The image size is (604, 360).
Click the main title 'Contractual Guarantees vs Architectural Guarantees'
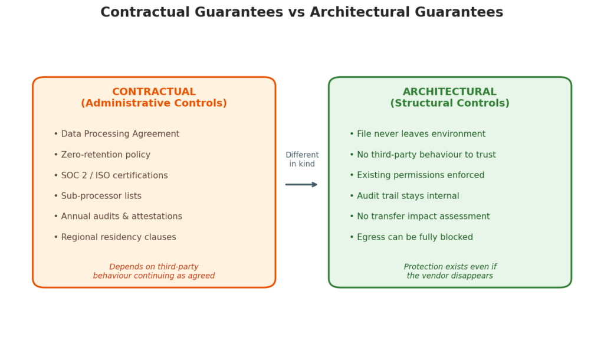[x=301, y=12]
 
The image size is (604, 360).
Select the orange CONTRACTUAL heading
[x=154, y=91]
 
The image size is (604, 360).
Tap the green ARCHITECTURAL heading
[x=449, y=91]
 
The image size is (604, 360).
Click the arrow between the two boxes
[x=301, y=185]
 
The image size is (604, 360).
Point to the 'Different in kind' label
[x=302, y=159]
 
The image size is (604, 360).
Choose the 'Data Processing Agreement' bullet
[x=116, y=134]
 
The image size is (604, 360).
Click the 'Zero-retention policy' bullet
[x=102, y=155]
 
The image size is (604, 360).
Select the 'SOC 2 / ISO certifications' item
[x=110, y=176]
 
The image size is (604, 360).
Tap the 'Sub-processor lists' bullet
[x=97, y=196]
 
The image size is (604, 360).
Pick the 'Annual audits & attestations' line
[x=118, y=217]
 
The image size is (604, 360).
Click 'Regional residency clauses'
[x=115, y=237]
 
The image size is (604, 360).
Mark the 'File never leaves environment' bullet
[x=418, y=134]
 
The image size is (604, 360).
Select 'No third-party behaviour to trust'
[x=422, y=155]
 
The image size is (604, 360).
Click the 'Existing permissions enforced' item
[x=417, y=175]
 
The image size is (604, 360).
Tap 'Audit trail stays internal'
[x=404, y=196]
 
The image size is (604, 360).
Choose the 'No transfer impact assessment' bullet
[x=419, y=217]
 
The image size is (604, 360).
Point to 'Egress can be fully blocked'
[x=411, y=237]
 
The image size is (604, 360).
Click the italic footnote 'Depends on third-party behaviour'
[x=154, y=271]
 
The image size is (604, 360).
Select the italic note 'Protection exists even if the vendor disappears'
[x=450, y=271]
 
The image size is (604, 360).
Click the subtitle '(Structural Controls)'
[x=449, y=103]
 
